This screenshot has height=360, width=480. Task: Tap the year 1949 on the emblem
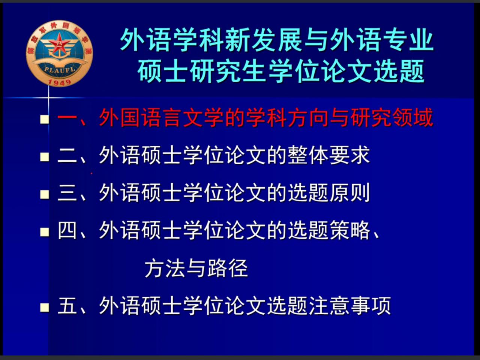pos(60,82)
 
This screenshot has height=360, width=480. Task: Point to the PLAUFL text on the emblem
pos(60,70)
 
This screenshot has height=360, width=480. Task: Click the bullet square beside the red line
pos(45,120)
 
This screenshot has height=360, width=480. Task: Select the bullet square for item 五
pos(45,308)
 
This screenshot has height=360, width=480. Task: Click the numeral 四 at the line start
pos(67,230)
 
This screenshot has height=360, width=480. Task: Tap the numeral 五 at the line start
pos(67,306)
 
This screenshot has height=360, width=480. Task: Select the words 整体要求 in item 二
pos(328,155)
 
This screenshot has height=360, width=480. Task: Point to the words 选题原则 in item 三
pos(328,193)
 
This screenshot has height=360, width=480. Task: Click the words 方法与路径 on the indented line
pos(196,268)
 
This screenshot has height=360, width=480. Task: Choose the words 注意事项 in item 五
pos(349,306)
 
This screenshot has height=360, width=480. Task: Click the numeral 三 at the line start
pos(67,193)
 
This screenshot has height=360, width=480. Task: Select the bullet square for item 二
pos(45,157)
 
